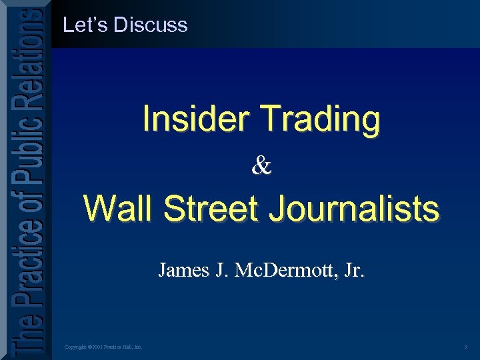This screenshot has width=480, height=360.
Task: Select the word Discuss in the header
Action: pos(151,25)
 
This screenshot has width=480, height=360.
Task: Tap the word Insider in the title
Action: pos(195,119)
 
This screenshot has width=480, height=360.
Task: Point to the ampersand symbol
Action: pos(261,165)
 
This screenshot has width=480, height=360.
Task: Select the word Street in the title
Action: pos(210,209)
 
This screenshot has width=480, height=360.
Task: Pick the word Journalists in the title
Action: pos(353,209)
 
